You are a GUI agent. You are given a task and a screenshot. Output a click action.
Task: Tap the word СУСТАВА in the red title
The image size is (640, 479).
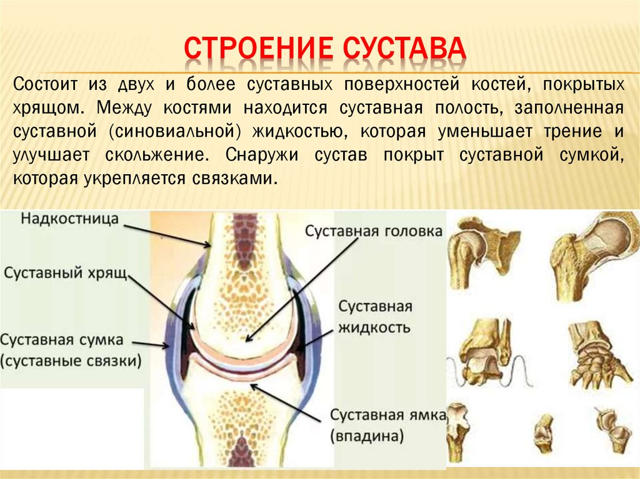[404, 47]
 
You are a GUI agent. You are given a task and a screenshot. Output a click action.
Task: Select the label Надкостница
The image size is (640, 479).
[70, 219]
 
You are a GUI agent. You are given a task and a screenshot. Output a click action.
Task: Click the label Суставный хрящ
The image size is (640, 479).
[66, 274]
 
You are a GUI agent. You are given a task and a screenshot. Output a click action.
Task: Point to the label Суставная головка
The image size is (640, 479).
[374, 231]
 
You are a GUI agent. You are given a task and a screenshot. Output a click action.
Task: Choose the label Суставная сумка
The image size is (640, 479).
[62, 340]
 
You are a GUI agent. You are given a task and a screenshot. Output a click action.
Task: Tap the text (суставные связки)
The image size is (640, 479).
[71, 361]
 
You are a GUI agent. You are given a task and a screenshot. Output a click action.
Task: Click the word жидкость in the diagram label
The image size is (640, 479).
[374, 328]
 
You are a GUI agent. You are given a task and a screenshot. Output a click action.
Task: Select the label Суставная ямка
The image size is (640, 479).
[387, 415]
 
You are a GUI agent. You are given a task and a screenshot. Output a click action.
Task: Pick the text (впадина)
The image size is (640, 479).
[367, 436]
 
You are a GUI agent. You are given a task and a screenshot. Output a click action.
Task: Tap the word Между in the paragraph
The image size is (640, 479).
[124, 108]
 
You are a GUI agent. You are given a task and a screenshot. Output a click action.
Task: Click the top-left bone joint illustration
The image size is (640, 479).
[484, 253]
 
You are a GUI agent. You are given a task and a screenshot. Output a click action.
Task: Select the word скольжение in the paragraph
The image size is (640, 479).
[154, 156]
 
